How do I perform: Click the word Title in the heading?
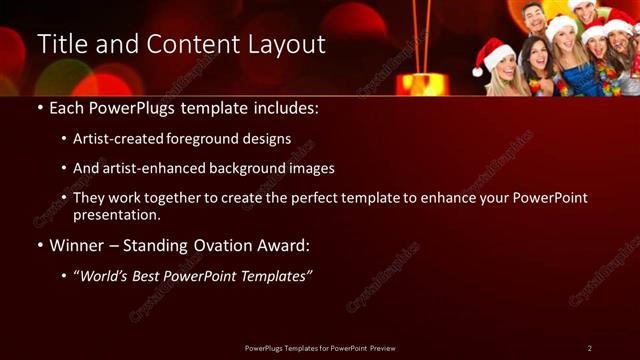click(60, 45)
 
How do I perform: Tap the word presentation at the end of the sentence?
click(116, 214)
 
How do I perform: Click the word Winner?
click(76, 245)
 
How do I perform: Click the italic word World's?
click(105, 275)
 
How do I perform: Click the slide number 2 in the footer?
click(590, 347)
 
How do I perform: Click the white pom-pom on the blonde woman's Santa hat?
click(481, 71)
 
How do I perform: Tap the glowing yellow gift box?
click(421, 82)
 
